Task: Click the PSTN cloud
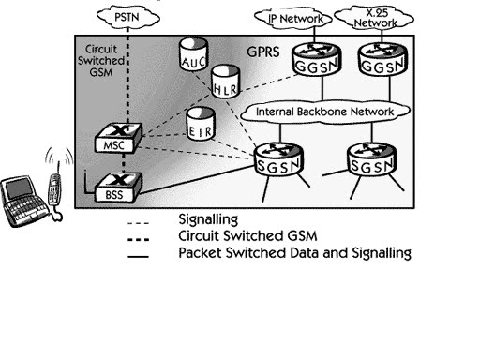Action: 128,17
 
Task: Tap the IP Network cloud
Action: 292,19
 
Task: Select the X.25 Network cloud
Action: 374,18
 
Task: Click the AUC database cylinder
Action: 194,54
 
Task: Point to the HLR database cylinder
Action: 226,82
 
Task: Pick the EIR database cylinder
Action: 201,124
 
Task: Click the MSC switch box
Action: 118,138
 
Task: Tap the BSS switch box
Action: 118,187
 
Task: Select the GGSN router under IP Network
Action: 316,59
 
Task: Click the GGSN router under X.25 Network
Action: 382,59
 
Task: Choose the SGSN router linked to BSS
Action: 278,159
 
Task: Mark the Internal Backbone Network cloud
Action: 325,112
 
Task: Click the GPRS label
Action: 263,52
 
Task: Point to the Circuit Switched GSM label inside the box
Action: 101,61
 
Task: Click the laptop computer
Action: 24,201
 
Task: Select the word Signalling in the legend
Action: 208,219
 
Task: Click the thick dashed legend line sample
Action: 138,240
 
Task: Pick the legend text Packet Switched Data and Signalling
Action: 294,253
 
